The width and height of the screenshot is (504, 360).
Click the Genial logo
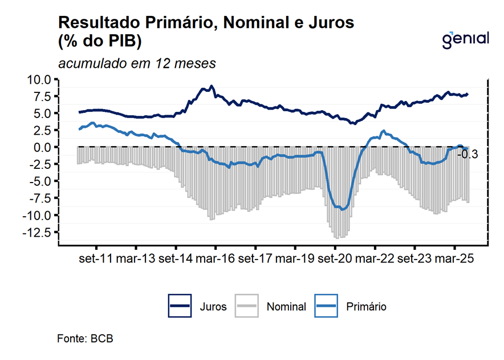tap(466, 39)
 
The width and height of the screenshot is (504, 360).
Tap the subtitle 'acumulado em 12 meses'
tap(137, 63)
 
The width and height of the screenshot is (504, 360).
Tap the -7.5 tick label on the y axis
tap(39, 198)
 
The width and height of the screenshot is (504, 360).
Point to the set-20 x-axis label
tap(335, 258)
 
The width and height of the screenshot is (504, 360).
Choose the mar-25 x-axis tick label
tap(454, 258)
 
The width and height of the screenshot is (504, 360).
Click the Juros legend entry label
tap(213, 306)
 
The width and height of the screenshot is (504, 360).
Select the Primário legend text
tap(366, 306)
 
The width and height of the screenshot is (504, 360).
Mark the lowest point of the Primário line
tap(342, 209)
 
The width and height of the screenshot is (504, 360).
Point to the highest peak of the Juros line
tap(212, 86)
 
